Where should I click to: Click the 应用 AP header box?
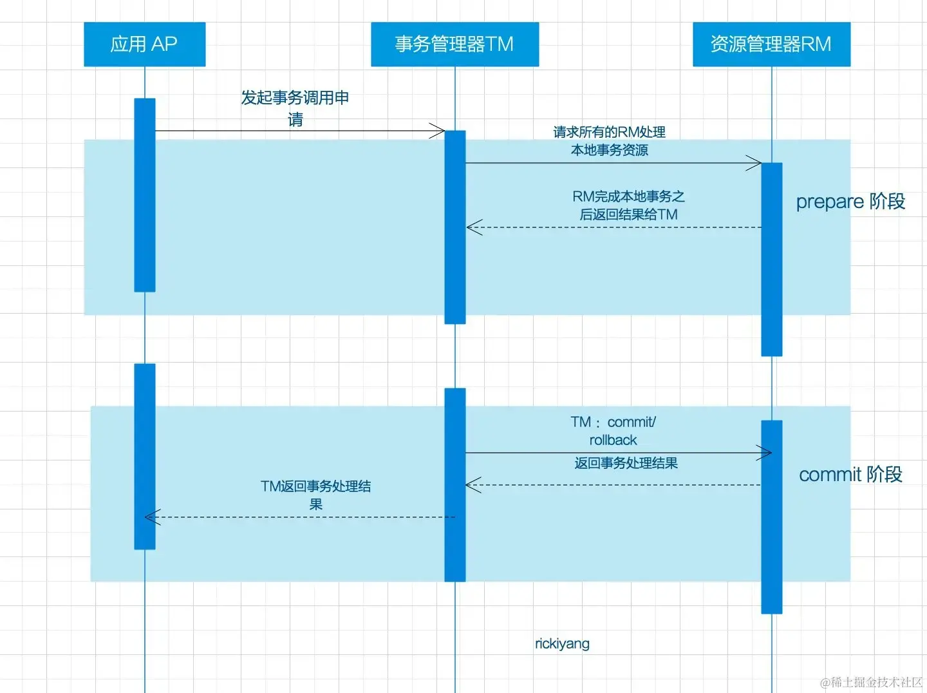[144, 44]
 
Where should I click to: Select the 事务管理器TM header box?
[454, 44]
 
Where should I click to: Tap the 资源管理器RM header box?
[771, 44]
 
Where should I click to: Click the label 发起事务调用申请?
[295, 108]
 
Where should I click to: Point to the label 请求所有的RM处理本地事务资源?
[610, 141]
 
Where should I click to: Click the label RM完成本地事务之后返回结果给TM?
[628, 205]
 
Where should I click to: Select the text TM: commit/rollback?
[613, 431]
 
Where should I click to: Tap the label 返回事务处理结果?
[626, 463]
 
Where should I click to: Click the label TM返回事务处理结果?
[316, 495]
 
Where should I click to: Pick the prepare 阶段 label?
[850, 202]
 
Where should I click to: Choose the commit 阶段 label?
[850, 475]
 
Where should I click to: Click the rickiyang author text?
[562, 643]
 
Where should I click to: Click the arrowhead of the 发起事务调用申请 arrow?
[440, 131]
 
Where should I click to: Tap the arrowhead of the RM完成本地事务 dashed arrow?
[472, 227]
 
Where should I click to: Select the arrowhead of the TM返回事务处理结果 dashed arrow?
[150, 517]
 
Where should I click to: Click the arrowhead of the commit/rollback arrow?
[766, 453]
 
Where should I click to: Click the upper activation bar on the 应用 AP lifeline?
[145, 195]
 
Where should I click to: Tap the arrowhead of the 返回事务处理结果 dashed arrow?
[471, 485]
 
